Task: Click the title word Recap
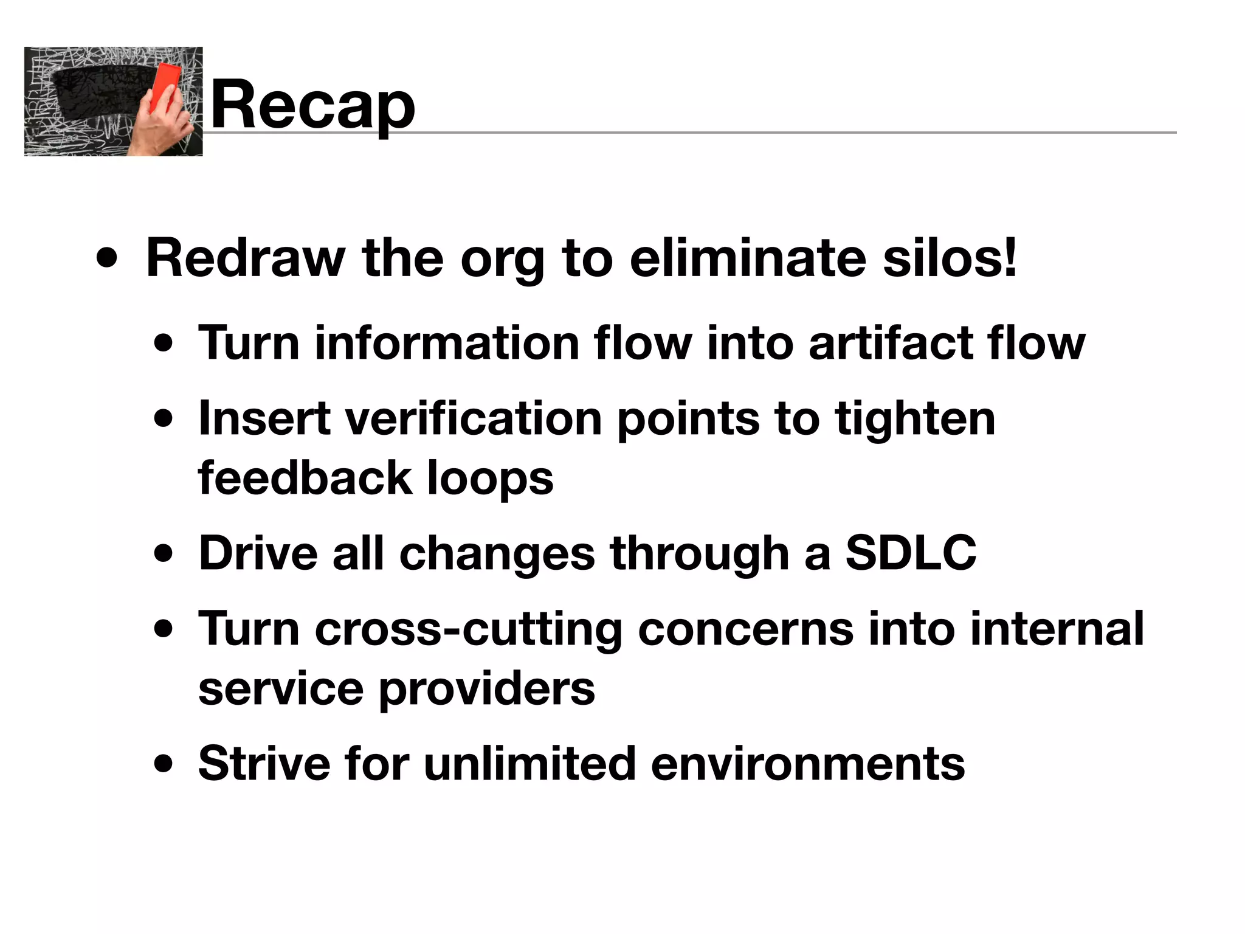(x=312, y=105)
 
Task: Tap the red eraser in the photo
(x=165, y=89)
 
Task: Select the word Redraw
(x=246, y=258)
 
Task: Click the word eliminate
(x=747, y=258)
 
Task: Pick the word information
(x=446, y=343)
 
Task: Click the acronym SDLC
(x=911, y=553)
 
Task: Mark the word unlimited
(x=529, y=764)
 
